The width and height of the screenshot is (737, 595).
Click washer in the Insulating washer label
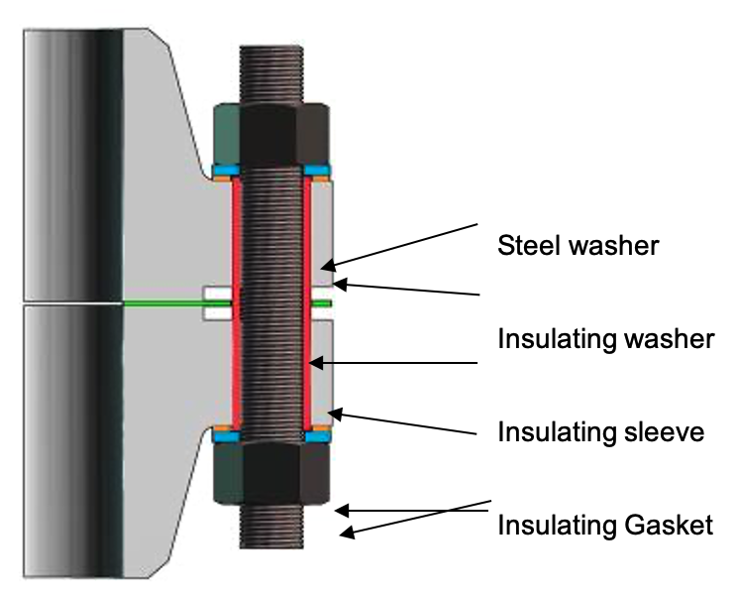coord(667,339)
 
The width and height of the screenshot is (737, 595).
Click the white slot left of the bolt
coord(215,302)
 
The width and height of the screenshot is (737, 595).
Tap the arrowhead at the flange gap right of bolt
coord(337,285)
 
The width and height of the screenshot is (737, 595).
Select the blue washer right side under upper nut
coord(318,171)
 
